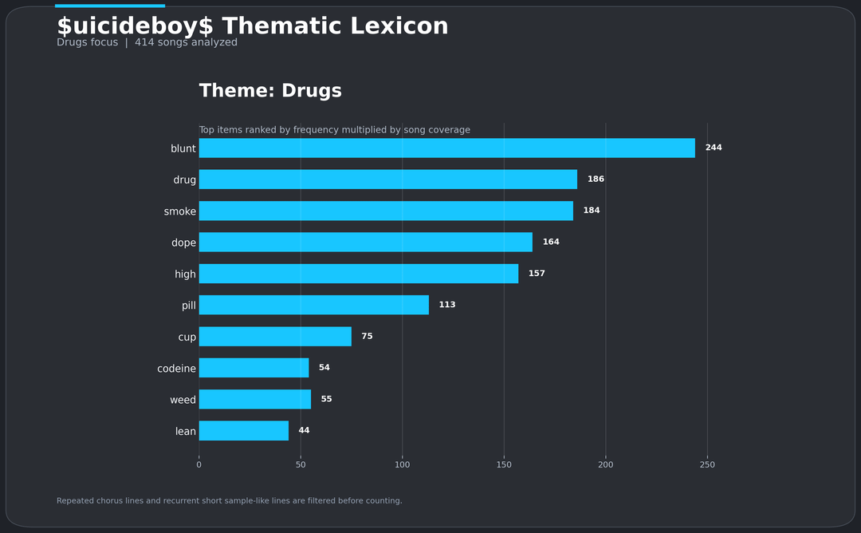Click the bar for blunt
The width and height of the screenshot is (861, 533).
446,148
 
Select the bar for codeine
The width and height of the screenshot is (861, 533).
254,368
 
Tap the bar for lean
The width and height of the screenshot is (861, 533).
243,431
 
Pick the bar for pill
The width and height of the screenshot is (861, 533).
313,305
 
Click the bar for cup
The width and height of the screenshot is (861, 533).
275,337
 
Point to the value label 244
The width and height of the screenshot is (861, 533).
714,148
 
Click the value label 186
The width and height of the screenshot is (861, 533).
596,180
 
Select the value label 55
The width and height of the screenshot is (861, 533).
326,399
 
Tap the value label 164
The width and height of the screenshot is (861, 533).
551,242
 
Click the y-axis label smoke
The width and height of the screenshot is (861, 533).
180,211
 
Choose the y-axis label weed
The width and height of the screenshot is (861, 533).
183,400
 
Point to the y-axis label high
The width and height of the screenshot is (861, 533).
185,274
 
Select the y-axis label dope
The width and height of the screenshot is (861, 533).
183,243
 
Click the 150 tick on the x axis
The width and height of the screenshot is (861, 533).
504,464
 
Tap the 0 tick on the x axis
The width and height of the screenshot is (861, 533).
199,464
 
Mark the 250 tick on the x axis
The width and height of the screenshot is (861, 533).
707,464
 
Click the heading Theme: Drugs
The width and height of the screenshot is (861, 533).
270,91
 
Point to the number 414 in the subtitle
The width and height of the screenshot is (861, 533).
144,42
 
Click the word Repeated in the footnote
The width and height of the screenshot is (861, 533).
77,501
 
